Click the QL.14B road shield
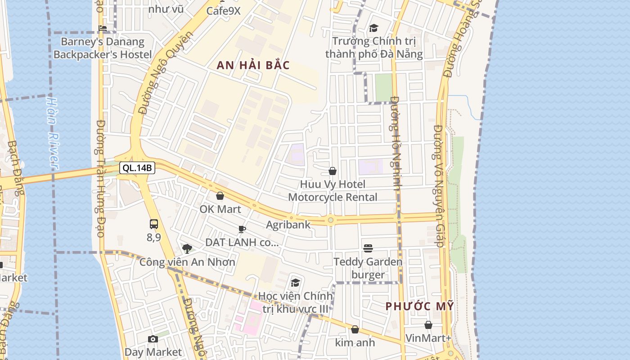(137, 168)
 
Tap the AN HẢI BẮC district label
(253, 65)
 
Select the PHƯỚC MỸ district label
(419, 306)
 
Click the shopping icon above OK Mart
(220, 196)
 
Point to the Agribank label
(288, 225)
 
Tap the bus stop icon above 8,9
(154, 224)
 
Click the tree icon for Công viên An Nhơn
(187, 248)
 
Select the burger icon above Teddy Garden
(368, 248)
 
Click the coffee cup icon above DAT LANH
(242, 229)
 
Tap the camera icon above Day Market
(153, 339)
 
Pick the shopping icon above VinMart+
(428, 324)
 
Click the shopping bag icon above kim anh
(355, 329)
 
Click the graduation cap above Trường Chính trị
(373, 28)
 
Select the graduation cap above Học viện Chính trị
(295, 283)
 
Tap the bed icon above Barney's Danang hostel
(103, 28)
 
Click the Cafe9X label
(223, 11)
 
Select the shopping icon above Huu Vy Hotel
(333, 171)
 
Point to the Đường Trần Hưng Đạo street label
(100, 178)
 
